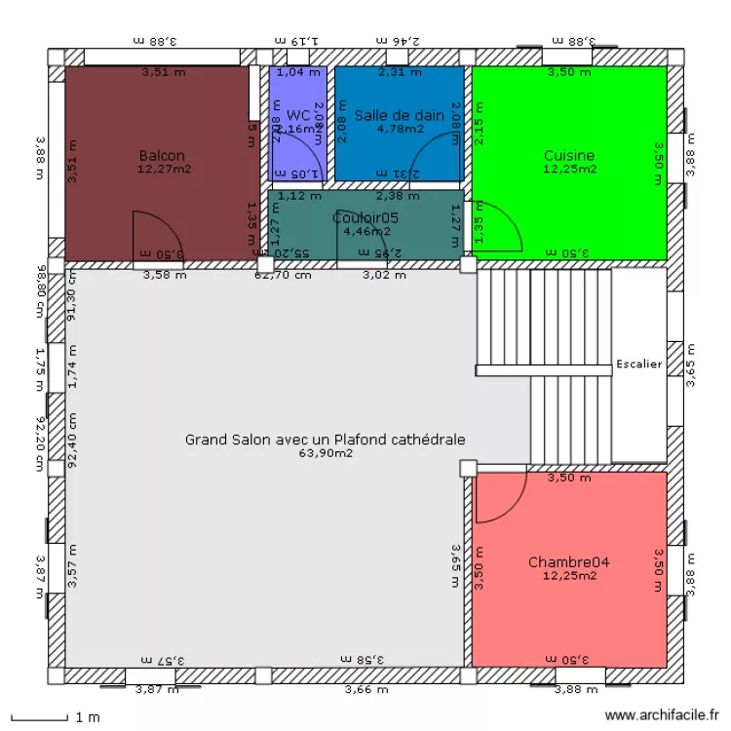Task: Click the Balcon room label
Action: (162, 156)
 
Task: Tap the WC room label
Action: (298, 115)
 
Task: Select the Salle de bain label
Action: (400, 115)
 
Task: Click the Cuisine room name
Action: (569, 156)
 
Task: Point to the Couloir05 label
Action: (365, 218)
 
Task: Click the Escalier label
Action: (639, 365)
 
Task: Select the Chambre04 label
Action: (569, 562)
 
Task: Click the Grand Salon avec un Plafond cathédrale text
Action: (326, 440)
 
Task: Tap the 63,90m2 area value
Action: (326, 453)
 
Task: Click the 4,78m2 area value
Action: (400, 129)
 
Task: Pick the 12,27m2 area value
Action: (163, 170)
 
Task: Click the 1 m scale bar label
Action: (88, 718)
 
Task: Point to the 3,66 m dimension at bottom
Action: (367, 690)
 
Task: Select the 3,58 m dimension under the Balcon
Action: (163, 276)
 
